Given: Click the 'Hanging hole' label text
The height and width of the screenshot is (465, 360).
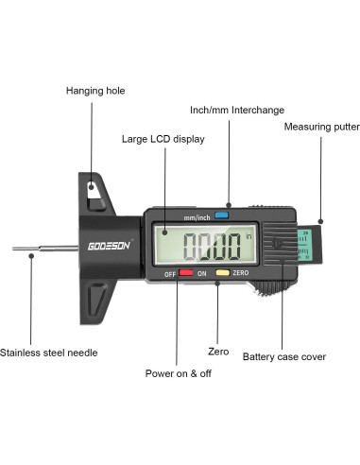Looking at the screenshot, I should pos(95,91).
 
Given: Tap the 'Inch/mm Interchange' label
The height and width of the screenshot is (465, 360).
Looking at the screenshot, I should pos(237,110).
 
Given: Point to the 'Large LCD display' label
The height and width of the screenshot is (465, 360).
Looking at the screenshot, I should pos(163,139).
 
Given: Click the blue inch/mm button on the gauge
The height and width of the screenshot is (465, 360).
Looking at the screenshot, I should pos(223,215).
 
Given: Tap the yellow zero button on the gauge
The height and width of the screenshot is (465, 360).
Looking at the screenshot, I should pos(222,273).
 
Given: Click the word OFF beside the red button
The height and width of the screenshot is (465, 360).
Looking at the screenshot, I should pos(170,274).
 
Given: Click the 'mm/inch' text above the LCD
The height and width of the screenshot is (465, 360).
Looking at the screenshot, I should pos(195,216).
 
